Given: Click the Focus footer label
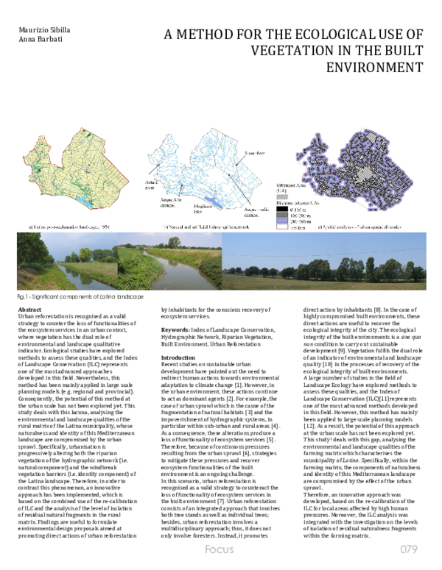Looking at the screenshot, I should tap(219, 550).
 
